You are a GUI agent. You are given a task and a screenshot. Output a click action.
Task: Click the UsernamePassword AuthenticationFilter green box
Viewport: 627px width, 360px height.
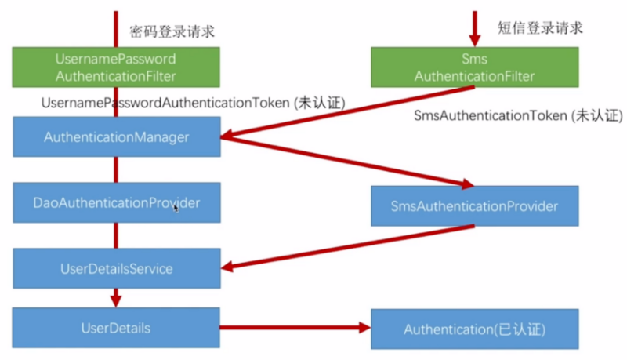(x=116, y=67)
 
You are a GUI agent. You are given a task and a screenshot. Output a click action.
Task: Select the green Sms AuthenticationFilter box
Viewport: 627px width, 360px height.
(x=475, y=67)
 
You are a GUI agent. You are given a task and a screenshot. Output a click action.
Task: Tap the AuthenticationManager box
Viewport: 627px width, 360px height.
(x=116, y=136)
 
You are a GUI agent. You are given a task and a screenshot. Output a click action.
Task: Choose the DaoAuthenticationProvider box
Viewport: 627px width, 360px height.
(x=116, y=203)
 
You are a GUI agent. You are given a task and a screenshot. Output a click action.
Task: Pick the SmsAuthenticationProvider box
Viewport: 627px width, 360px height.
(x=475, y=206)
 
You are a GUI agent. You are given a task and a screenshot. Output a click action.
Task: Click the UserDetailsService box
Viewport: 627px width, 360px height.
(x=116, y=268)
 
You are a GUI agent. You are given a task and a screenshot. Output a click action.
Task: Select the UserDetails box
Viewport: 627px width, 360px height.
(x=116, y=328)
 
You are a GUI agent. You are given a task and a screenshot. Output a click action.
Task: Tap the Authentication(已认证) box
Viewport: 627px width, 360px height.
(x=475, y=329)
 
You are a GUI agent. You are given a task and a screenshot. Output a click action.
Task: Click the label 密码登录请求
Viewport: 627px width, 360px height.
(x=172, y=31)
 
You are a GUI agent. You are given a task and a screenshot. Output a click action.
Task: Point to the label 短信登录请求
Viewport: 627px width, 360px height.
(x=540, y=28)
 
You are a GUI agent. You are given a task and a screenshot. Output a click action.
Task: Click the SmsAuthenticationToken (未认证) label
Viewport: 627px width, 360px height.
(x=518, y=115)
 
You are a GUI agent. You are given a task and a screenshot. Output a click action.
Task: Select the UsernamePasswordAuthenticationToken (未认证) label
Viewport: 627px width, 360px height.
(x=193, y=103)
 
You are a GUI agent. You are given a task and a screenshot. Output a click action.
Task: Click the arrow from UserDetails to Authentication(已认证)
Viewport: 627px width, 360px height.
(x=295, y=328)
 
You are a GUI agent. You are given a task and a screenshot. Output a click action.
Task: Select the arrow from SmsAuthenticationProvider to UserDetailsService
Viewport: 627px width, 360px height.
(x=347, y=247)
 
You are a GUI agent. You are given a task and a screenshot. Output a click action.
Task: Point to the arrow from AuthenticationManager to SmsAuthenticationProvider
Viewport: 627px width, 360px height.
(x=347, y=162)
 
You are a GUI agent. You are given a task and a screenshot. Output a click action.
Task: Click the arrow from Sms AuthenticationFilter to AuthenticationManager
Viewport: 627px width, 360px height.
(x=347, y=112)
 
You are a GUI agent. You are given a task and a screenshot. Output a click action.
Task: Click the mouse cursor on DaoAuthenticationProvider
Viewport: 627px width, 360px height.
(x=176, y=208)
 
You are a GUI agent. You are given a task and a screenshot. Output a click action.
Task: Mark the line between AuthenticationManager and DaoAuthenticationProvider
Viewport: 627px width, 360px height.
(x=116, y=169)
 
